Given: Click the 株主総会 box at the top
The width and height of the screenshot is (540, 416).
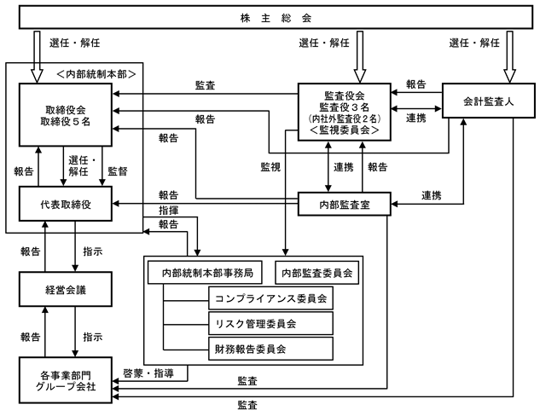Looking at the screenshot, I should pyautogui.click(x=270, y=17).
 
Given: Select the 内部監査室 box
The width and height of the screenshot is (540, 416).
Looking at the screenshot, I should pyautogui.click(x=345, y=204).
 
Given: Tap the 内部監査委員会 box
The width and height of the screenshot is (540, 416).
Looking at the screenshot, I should pyautogui.click(x=316, y=274).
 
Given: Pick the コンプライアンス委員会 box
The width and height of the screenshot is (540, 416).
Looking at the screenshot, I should pyautogui.click(x=269, y=298).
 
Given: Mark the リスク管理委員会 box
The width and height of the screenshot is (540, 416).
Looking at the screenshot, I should pyautogui.click(x=269, y=324).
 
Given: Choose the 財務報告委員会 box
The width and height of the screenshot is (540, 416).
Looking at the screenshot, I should pyautogui.click(x=269, y=350).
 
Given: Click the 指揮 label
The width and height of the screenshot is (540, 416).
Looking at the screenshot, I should pyautogui.click(x=169, y=208).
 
